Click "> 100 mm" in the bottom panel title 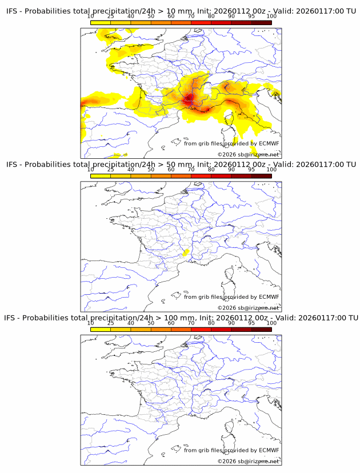point(176,318)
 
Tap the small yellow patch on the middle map point(185,252)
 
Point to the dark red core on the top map point(189,101)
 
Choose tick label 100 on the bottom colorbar point(271,323)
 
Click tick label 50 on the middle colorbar point(151,170)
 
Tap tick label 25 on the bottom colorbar point(111,323)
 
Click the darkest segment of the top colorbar point(261,22)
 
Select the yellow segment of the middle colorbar point(101,175)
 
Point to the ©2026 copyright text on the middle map point(249,307)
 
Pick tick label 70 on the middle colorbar point(191,170)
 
